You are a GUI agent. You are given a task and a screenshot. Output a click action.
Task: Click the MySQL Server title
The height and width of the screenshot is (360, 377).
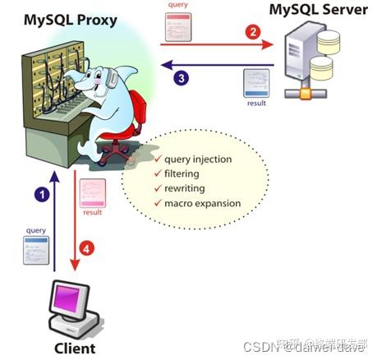click(317, 12)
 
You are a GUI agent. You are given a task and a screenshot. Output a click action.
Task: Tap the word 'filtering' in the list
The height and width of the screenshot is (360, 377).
click(182, 173)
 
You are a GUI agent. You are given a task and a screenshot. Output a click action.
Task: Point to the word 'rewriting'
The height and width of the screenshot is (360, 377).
click(183, 188)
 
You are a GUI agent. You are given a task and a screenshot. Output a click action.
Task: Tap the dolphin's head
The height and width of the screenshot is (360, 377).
click(92, 85)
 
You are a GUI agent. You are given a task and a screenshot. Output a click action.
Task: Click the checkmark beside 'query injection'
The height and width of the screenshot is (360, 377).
click(156, 159)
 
